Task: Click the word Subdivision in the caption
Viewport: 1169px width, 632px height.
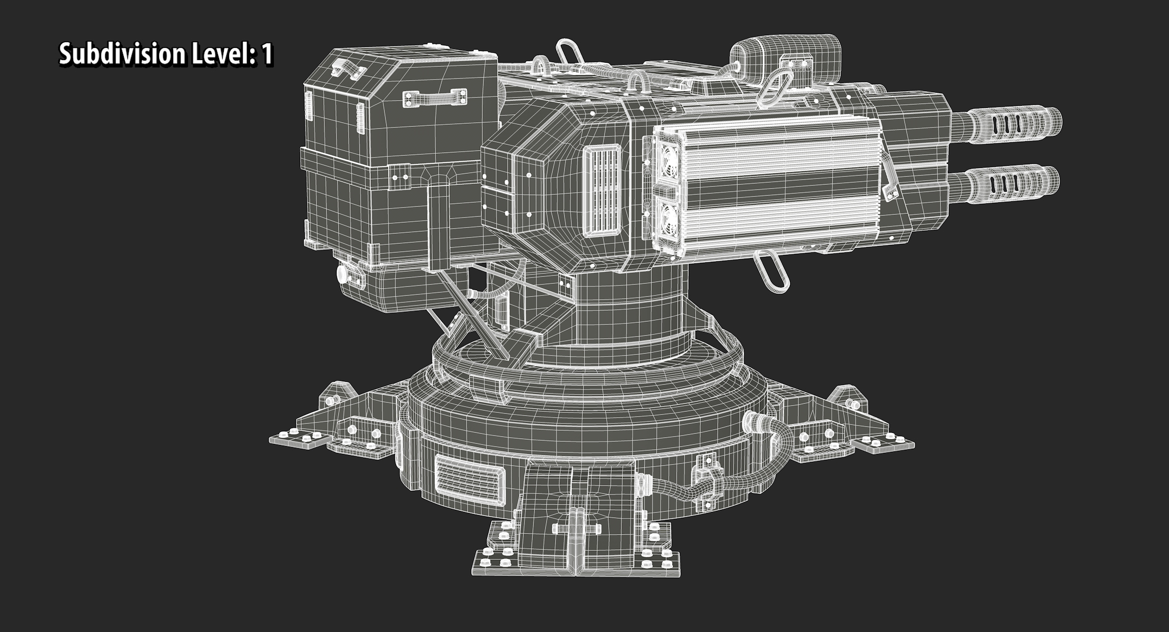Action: [121, 54]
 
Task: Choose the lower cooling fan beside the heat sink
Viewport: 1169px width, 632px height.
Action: [666, 216]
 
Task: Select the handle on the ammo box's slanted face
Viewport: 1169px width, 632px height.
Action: [435, 97]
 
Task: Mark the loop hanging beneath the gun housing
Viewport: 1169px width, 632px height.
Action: [772, 272]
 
